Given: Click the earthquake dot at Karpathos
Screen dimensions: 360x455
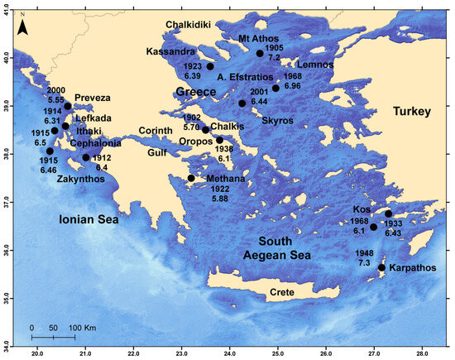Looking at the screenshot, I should (381, 267).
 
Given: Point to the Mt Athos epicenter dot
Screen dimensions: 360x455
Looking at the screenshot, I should (260, 54).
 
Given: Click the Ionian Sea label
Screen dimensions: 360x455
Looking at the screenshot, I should (86, 220).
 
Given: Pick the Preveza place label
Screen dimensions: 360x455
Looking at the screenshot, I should (92, 98).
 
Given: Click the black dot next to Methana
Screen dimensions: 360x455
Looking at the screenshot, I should (191, 178).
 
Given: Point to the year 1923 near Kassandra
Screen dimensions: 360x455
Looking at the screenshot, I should (194, 65).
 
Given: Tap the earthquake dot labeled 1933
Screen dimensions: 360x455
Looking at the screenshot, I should (388, 214).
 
